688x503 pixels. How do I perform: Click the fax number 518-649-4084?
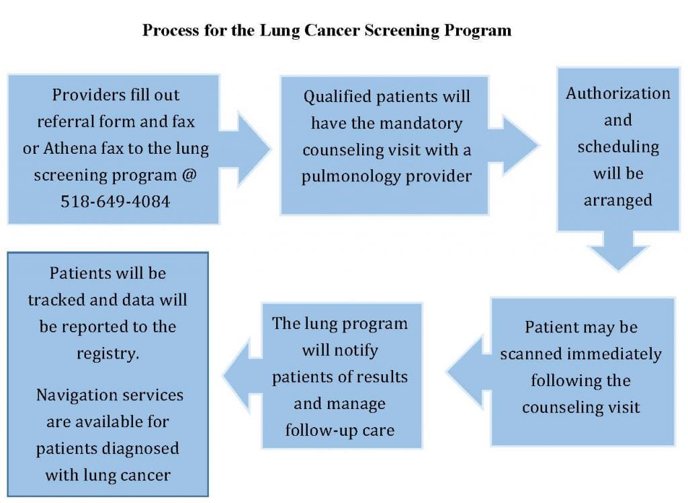(116, 201)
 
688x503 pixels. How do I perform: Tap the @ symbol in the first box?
(189, 175)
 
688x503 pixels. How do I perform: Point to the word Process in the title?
(171, 30)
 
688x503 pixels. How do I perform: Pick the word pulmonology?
(349, 177)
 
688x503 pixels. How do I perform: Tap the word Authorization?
(618, 93)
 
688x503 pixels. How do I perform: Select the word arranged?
(618, 200)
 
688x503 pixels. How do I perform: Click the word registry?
(108, 353)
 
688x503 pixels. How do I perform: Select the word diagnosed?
(140, 449)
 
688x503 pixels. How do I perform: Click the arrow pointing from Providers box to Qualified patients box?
(245, 148)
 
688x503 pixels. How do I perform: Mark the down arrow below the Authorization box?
(618, 251)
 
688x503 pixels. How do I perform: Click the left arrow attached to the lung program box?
(243, 375)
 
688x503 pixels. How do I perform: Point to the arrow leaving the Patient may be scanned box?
(468, 372)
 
